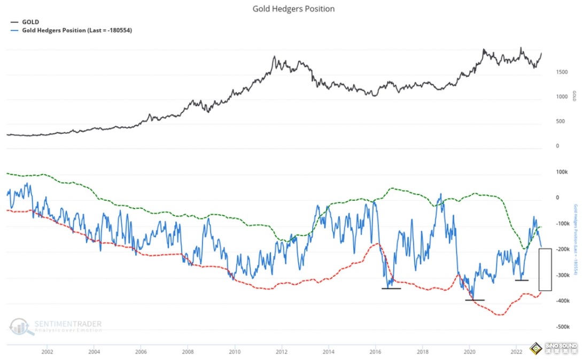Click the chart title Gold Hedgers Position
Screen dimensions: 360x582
[x=293, y=9]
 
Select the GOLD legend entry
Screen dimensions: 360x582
[x=29, y=22]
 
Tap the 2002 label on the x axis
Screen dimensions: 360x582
[x=47, y=351]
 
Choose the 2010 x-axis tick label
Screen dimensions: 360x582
[x=235, y=351]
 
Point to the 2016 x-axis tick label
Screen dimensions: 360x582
[x=376, y=351]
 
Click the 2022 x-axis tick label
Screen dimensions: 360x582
[x=517, y=351]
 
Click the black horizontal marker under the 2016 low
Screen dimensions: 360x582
[x=391, y=288]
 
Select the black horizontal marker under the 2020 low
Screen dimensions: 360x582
[x=475, y=300]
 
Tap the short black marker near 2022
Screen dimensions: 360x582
[x=522, y=280]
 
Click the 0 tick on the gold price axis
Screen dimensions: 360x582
[x=557, y=146]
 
